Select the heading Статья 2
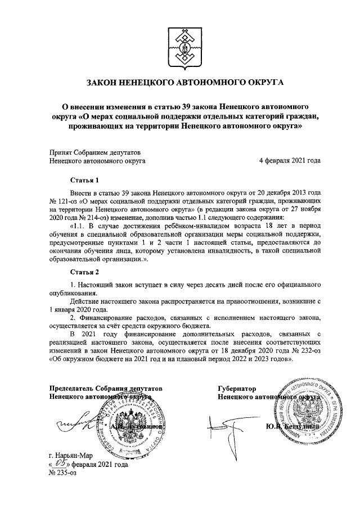click(x=84, y=272)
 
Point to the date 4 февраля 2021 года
click(x=290, y=160)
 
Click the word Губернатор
click(x=237, y=388)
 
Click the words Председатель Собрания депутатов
click(x=106, y=388)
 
